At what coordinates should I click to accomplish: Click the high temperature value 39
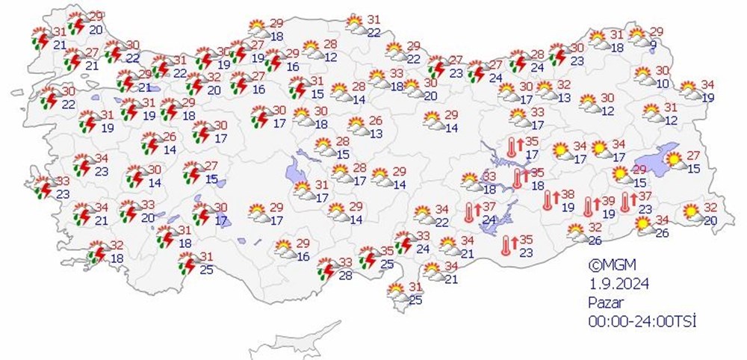click(609, 201)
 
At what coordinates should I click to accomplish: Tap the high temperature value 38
click(567, 194)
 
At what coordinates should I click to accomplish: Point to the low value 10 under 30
click(661, 83)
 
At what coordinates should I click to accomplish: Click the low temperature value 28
click(346, 276)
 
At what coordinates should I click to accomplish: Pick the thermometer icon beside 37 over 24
click(470, 212)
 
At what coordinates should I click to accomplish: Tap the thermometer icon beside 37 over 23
click(625, 202)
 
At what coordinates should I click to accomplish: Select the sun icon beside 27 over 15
click(675, 159)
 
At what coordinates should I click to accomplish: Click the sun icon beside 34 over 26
click(642, 223)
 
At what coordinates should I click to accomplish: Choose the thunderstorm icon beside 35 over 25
click(368, 256)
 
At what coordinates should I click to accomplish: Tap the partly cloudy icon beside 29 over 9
click(637, 34)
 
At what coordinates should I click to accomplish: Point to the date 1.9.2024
click(616, 283)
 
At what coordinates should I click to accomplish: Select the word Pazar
click(604, 302)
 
